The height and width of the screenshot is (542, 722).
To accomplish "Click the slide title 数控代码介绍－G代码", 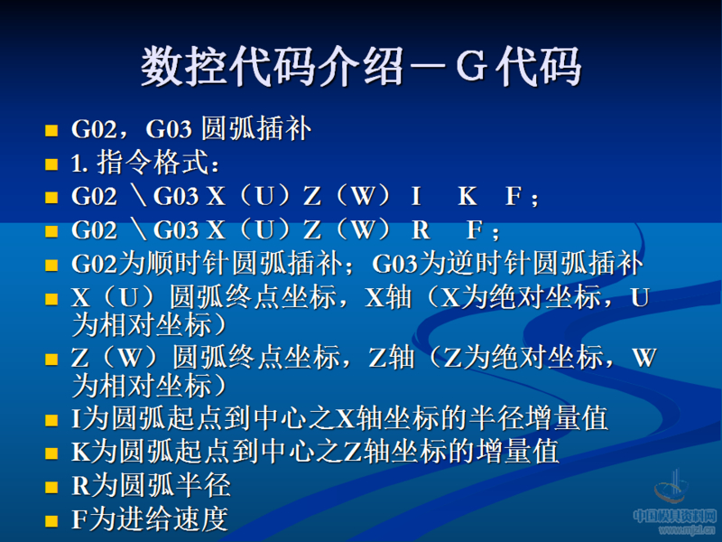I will tap(361, 68).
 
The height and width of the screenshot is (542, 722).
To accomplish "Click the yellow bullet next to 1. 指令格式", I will tap(51, 165).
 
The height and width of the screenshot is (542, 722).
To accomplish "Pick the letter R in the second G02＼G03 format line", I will tap(420, 229).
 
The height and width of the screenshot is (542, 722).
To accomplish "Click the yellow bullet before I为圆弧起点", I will tap(51, 420).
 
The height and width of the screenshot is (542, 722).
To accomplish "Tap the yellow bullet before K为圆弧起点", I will tap(51, 453).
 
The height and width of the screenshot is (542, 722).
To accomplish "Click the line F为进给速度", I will tap(149, 519).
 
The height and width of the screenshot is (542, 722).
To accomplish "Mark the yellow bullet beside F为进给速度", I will tap(51, 520).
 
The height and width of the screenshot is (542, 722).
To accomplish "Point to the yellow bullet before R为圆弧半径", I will tap(51, 487).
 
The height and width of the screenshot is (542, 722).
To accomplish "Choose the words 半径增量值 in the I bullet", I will tap(551, 418).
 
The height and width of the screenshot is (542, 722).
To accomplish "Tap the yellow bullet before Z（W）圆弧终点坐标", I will tap(51, 359).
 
